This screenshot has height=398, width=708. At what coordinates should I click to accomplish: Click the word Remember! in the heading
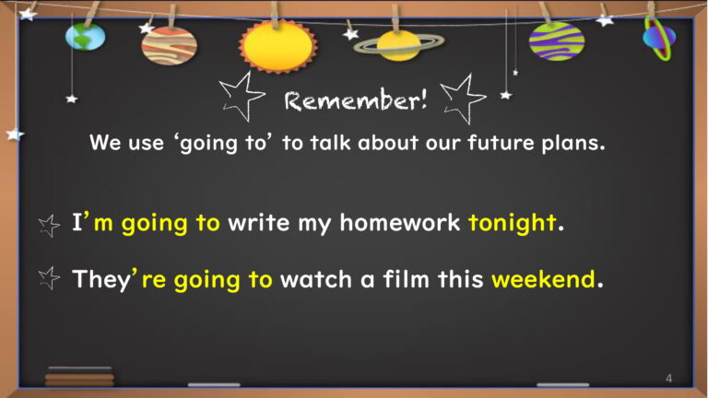(x=356, y=99)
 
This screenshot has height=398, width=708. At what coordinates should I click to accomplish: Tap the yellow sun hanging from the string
(x=278, y=46)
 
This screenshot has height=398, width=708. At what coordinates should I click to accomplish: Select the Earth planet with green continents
(x=86, y=37)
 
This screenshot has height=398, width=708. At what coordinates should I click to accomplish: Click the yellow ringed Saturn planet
(x=398, y=45)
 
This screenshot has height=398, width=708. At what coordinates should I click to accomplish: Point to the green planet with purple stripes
(x=557, y=41)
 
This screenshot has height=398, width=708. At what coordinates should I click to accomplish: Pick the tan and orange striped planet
(x=170, y=46)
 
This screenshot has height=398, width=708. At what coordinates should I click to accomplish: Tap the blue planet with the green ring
(x=660, y=38)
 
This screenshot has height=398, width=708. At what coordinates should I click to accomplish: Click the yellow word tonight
(x=512, y=223)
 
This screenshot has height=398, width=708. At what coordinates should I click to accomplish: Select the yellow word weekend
(x=543, y=279)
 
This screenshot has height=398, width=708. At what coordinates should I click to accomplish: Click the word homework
(x=399, y=222)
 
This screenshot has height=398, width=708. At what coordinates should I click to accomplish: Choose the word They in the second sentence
(x=101, y=280)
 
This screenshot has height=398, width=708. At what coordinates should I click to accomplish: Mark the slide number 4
(x=668, y=378)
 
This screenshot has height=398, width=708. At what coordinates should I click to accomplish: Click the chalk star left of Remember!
(x=242, y=97)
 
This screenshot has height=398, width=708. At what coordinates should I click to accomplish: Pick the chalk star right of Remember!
(x=464, y=98)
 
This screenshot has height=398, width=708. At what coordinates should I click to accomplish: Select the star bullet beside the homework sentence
(x=49, y=226)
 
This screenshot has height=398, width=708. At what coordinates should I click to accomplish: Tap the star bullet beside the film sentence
(x=49, y=278)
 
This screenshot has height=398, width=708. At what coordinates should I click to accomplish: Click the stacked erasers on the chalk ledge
(x=79, y=377)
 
